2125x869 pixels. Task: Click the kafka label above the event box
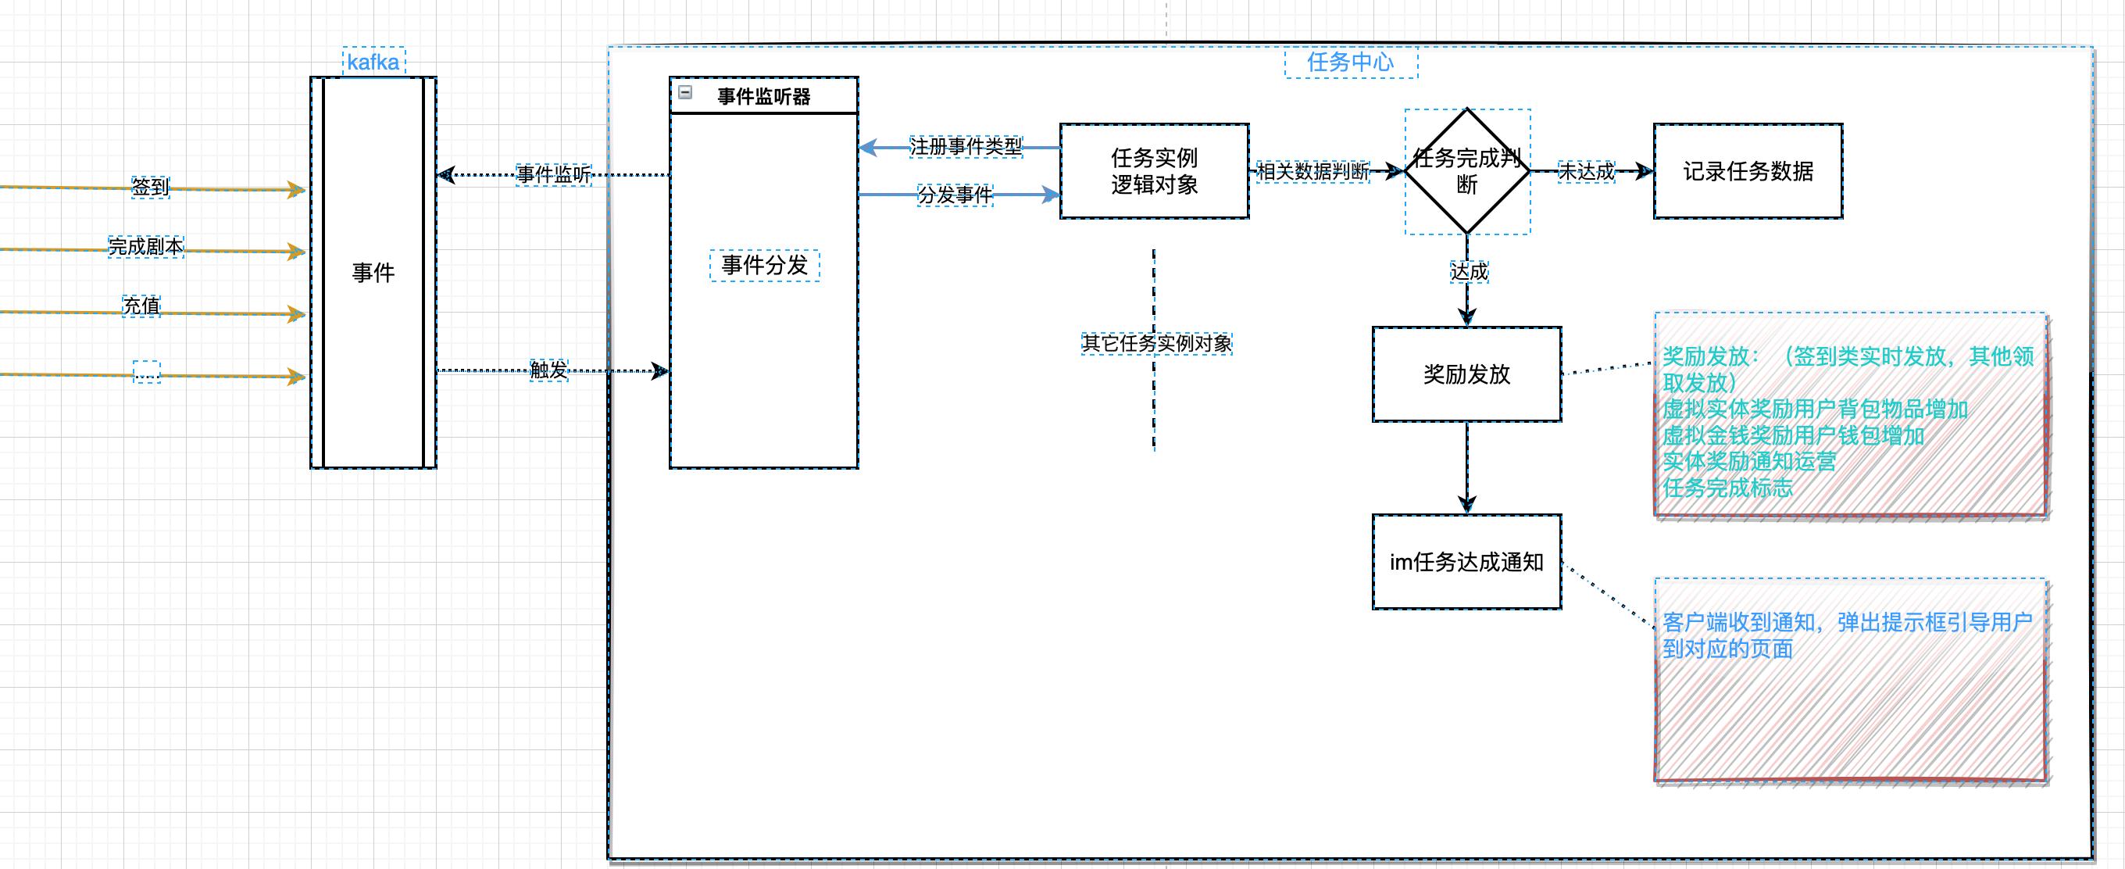(373, 62)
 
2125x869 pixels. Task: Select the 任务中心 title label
(1351, 62)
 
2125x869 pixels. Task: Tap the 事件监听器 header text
(764, 97)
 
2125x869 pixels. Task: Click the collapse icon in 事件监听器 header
(685, 92)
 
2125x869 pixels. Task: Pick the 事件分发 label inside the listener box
(764, 265)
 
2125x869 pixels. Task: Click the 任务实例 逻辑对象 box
(1153, 171)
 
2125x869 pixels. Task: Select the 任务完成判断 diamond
(1466, 171)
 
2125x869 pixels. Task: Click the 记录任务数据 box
(1747, 171)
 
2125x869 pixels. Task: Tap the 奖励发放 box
(1466, 374)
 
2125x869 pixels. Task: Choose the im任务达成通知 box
(1466, 562)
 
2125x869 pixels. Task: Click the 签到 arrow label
(150, 187)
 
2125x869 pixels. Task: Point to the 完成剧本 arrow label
(146, 246)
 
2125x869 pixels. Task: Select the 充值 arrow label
(141, 306)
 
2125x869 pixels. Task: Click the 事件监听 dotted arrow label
(554, 174)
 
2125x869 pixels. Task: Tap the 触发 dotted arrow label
(548, 370)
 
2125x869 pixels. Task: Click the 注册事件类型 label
(965, 147)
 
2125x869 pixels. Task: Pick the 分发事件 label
(955, 195)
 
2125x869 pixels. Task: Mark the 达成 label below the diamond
(1469, 271)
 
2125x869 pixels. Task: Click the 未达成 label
(1585, 171)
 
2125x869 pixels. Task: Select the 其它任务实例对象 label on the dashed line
(1156, 343)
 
